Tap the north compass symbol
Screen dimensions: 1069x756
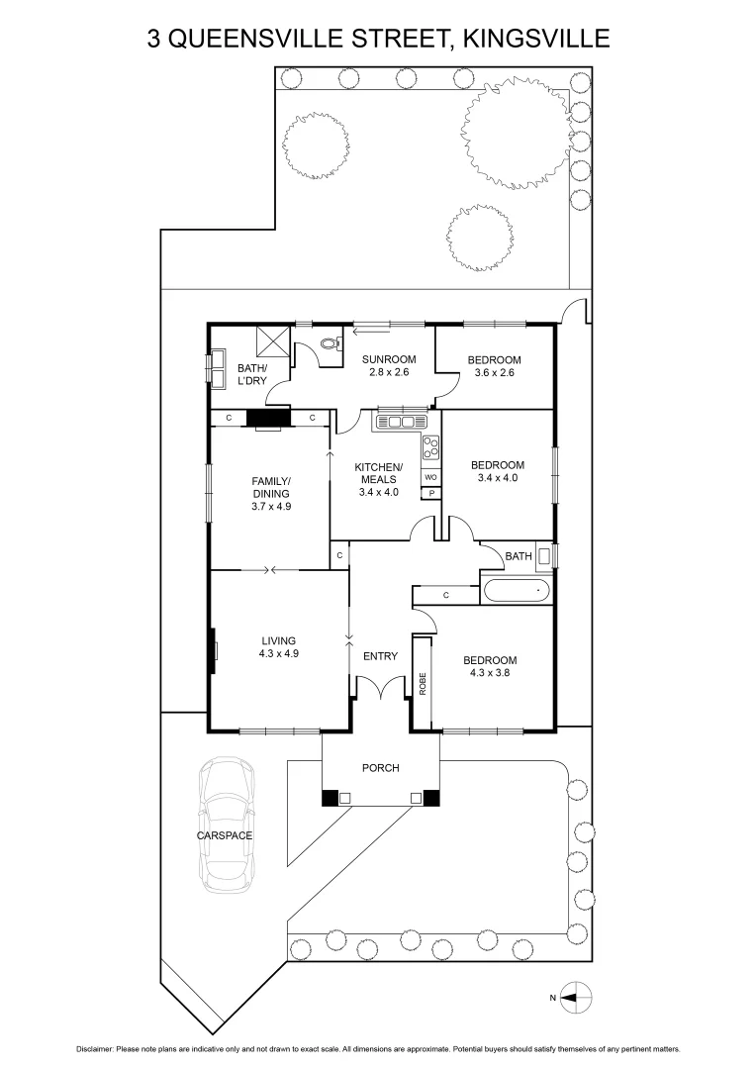[576, 997]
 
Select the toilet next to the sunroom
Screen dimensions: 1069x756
[331, 345]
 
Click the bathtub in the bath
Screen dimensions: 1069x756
[515, 591]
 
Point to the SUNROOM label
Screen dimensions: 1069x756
[388, 359]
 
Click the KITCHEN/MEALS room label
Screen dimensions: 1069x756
[379, 473]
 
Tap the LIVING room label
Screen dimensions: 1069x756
[279, 640]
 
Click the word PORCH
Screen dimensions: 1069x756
[380, 768]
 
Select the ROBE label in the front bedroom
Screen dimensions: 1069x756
[422, 684]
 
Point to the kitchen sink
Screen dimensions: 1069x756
[401, 422]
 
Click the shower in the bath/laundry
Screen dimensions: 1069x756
[273, 341]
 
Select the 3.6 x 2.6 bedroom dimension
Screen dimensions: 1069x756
[496, 373]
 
